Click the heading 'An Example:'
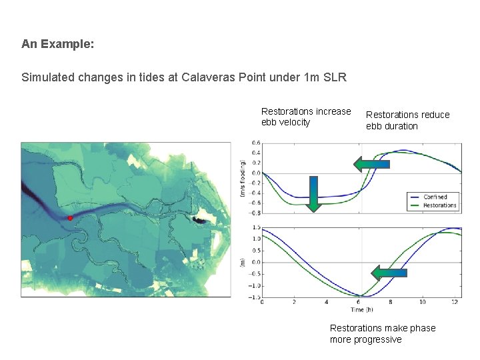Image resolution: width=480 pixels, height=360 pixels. tap(57, 44)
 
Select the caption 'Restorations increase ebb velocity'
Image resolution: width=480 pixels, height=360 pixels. tap(305, 117)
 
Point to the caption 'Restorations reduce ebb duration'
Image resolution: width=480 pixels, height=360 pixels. tap(407, 120)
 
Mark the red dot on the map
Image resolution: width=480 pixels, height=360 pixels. tap(70, 218)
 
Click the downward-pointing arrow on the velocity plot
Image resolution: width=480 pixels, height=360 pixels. tap(313, 193)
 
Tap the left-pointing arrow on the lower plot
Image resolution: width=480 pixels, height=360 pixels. tap(388, 273)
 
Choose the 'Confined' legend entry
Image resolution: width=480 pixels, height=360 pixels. tap(435, 197)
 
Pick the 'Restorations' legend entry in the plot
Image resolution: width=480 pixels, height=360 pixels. tap(439, 205)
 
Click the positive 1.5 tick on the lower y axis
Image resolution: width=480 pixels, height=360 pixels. tap(255, 227)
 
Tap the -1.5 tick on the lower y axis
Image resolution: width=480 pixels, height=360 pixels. tap(253, 297)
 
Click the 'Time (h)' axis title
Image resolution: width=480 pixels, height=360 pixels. tap(361, 310)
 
